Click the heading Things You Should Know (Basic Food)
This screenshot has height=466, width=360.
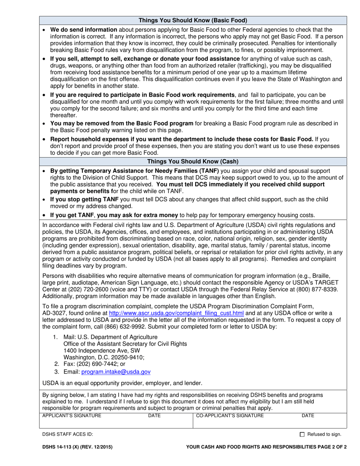(193, 20)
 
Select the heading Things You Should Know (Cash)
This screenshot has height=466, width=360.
(193, 161)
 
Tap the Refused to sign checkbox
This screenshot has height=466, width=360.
(302, 435)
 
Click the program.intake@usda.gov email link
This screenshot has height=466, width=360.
(116, 372)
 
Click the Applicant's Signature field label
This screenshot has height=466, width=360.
(72, 416)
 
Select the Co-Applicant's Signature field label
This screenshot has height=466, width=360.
(230, 416)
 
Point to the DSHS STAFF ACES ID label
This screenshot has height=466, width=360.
(67, 435)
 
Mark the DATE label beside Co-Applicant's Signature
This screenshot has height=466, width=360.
(308, 416)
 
